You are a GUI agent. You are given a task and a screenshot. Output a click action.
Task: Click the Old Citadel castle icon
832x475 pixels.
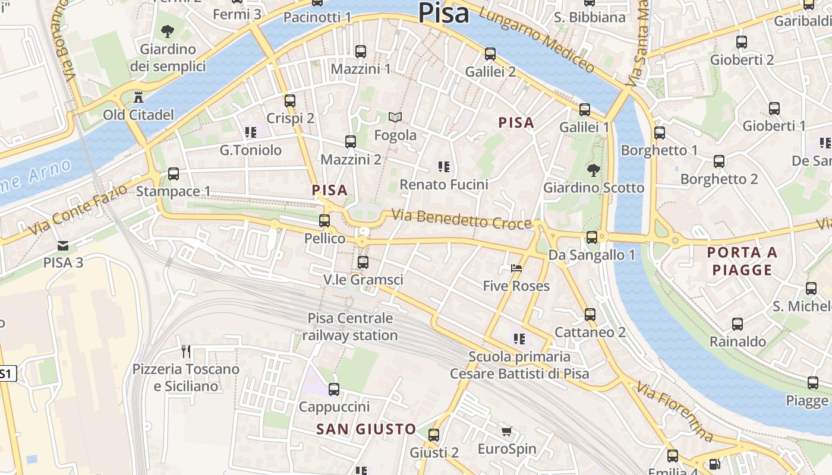[138, 97]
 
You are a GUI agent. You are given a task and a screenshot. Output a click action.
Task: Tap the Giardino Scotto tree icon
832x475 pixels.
[593, 170]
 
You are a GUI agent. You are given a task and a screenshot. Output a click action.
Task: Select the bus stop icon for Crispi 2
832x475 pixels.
[290, 101]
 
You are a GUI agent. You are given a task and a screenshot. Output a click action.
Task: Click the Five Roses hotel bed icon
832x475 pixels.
[516, 268]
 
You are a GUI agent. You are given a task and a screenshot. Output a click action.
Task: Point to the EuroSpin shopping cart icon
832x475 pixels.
[506, 432]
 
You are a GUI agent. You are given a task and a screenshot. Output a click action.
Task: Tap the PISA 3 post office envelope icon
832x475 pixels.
[62, 245]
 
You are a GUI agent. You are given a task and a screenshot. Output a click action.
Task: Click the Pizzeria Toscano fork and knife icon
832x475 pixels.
[186, 351]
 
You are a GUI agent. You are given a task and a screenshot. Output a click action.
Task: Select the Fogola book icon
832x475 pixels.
[395, 118]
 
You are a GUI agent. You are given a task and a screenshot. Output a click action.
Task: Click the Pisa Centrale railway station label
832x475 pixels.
[350, 327]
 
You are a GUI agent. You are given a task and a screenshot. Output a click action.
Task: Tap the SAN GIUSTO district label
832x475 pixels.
[366, 429]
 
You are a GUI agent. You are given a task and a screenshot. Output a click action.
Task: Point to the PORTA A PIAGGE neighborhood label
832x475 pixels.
[742, 261]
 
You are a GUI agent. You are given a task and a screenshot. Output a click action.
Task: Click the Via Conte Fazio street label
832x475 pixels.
[77, 208]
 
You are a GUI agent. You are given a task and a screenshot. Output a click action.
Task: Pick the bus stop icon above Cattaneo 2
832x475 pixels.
[590, 315]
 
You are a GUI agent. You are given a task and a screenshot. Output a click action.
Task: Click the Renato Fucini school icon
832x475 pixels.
[443, 167]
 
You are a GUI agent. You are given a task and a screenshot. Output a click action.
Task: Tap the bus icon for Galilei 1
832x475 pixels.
[585, 110]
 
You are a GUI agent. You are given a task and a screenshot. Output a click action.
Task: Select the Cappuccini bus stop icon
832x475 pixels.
[334, 389]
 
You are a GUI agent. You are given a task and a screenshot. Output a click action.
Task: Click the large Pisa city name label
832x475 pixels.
[443, 13]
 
